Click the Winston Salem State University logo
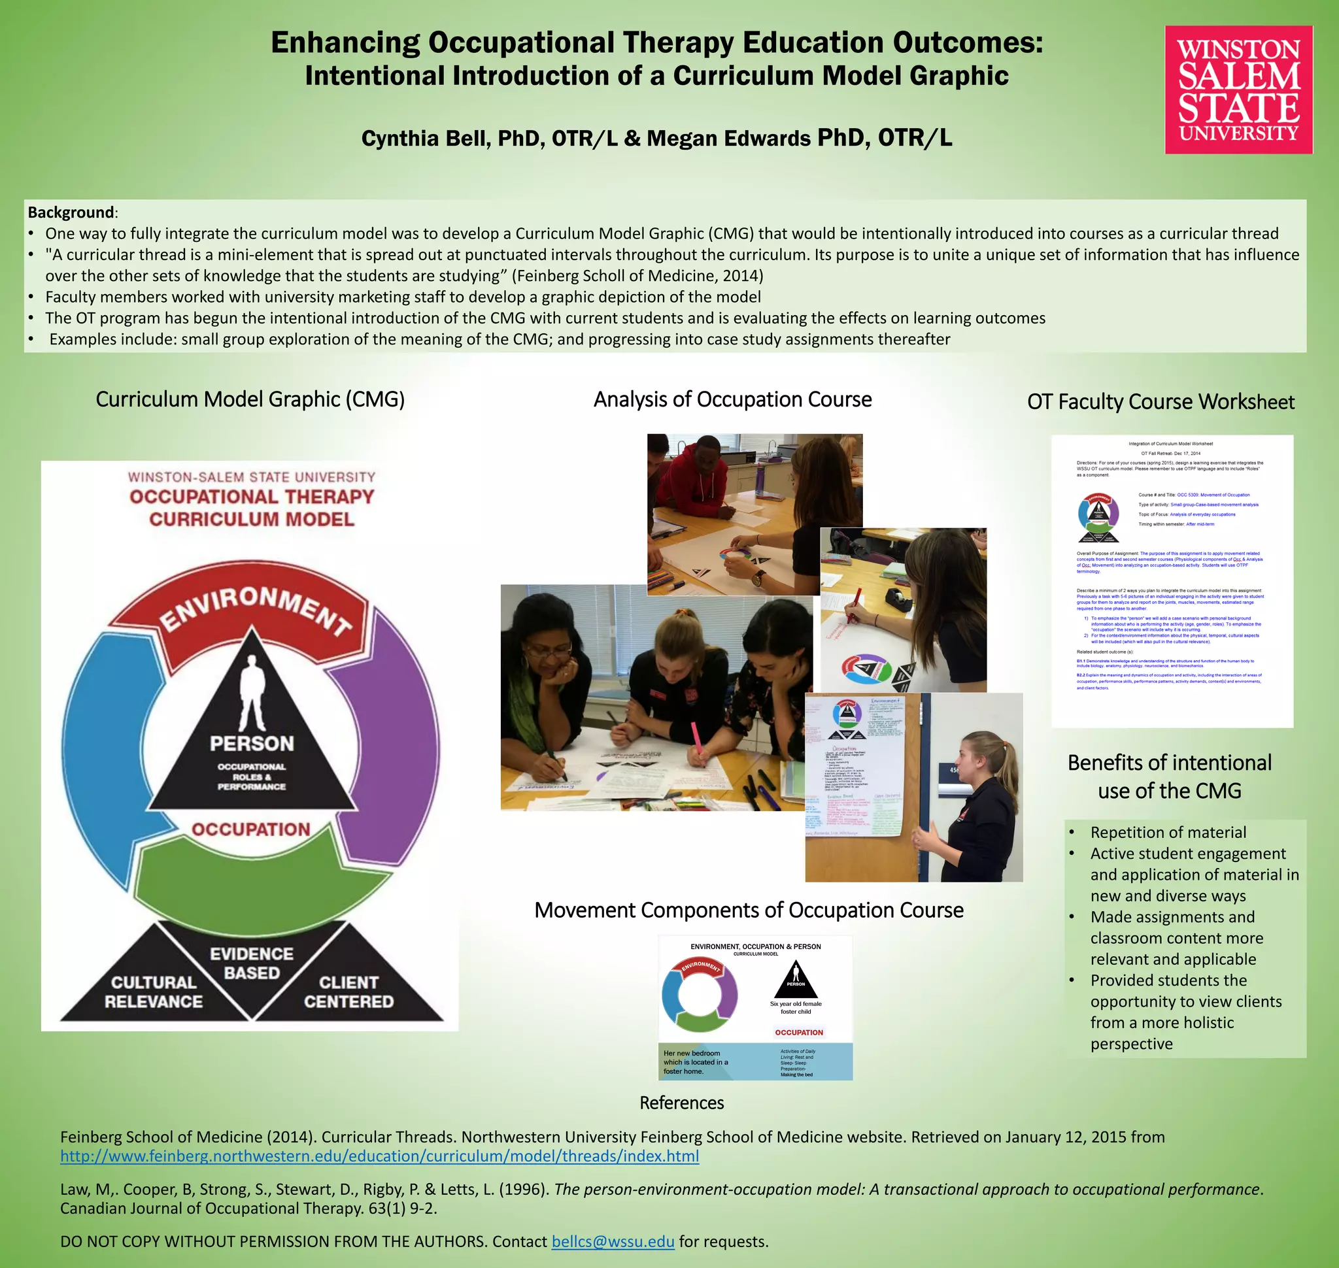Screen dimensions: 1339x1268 pyautogui.click(x=1238, y=90)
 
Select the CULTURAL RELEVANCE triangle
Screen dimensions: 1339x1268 pyautogui.click(x=154, y=991)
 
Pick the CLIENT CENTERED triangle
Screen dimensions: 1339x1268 pyautogui.click(x=348, y=991)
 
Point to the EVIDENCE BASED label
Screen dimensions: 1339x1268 pyautogui.click(x=252, y=963)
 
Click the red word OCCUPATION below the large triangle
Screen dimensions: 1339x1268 pyautogui.click(x=251, y=829)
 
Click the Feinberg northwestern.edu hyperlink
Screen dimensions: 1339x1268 pyautogui.click(x=379, y=1156)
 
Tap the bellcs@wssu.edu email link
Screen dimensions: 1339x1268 pyautogui.click(x=613, y=1242)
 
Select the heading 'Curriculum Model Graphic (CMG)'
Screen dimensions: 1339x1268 pyautogui.click(x=250, y=399)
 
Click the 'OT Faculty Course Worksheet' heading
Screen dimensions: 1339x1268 pyautogui.click(x=1161, y=402)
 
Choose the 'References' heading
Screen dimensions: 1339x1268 pyautogui.click(x=681, y=1103)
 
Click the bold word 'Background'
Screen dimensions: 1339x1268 pyautogui.click(x=71, y=212)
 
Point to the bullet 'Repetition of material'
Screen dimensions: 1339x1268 pyautogui.click(x=1168, y=832)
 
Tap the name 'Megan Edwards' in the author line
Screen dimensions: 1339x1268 pyautogui.click(x=728, y=139)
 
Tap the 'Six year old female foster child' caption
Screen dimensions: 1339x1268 pyautogui.click(x=795, y=1008)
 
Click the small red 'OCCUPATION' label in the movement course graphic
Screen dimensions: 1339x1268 pyautogui.click(x=799, y=1032)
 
